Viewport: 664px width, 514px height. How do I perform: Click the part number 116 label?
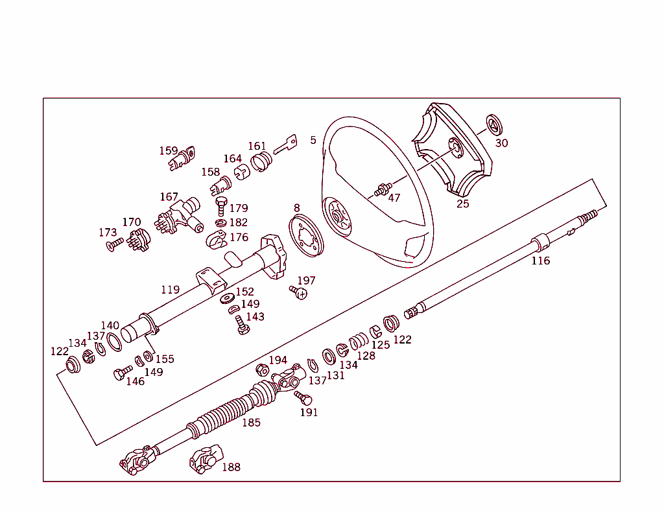540,261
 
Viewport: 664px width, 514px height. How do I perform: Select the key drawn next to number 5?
285,145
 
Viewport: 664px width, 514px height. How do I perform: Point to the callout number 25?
462,204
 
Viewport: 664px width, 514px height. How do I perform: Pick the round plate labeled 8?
305,237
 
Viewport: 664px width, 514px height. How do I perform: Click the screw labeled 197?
300,293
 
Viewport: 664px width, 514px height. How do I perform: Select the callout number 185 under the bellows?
251,423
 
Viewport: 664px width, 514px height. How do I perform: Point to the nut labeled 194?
263,370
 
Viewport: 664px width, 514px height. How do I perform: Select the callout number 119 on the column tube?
170,290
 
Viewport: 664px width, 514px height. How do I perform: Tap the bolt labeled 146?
120,374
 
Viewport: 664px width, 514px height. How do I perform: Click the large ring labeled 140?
113,342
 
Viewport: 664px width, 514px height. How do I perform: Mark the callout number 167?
169,196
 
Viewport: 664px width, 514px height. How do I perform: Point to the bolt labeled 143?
242,325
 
